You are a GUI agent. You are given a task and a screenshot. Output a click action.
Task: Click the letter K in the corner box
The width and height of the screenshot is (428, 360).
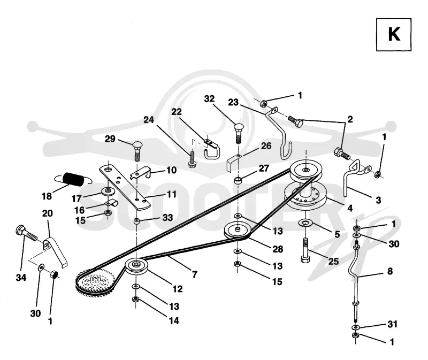click(394, 35)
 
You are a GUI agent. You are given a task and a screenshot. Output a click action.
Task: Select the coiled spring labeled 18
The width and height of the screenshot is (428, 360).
click(73, 179)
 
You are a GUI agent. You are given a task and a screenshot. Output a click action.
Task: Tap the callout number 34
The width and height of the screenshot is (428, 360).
click(21, 278)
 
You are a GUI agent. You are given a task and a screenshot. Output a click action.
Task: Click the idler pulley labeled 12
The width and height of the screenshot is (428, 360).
click(136, 265)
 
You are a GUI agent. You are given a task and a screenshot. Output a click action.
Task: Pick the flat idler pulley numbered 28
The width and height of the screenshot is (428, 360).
click(237, 231)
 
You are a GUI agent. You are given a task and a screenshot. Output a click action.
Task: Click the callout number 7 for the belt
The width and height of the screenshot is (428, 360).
click(195, 274)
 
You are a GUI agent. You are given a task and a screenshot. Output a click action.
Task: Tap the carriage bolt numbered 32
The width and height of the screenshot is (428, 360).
click(239, 134)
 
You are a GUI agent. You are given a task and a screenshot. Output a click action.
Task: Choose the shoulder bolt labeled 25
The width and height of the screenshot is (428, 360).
click(305, 250)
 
